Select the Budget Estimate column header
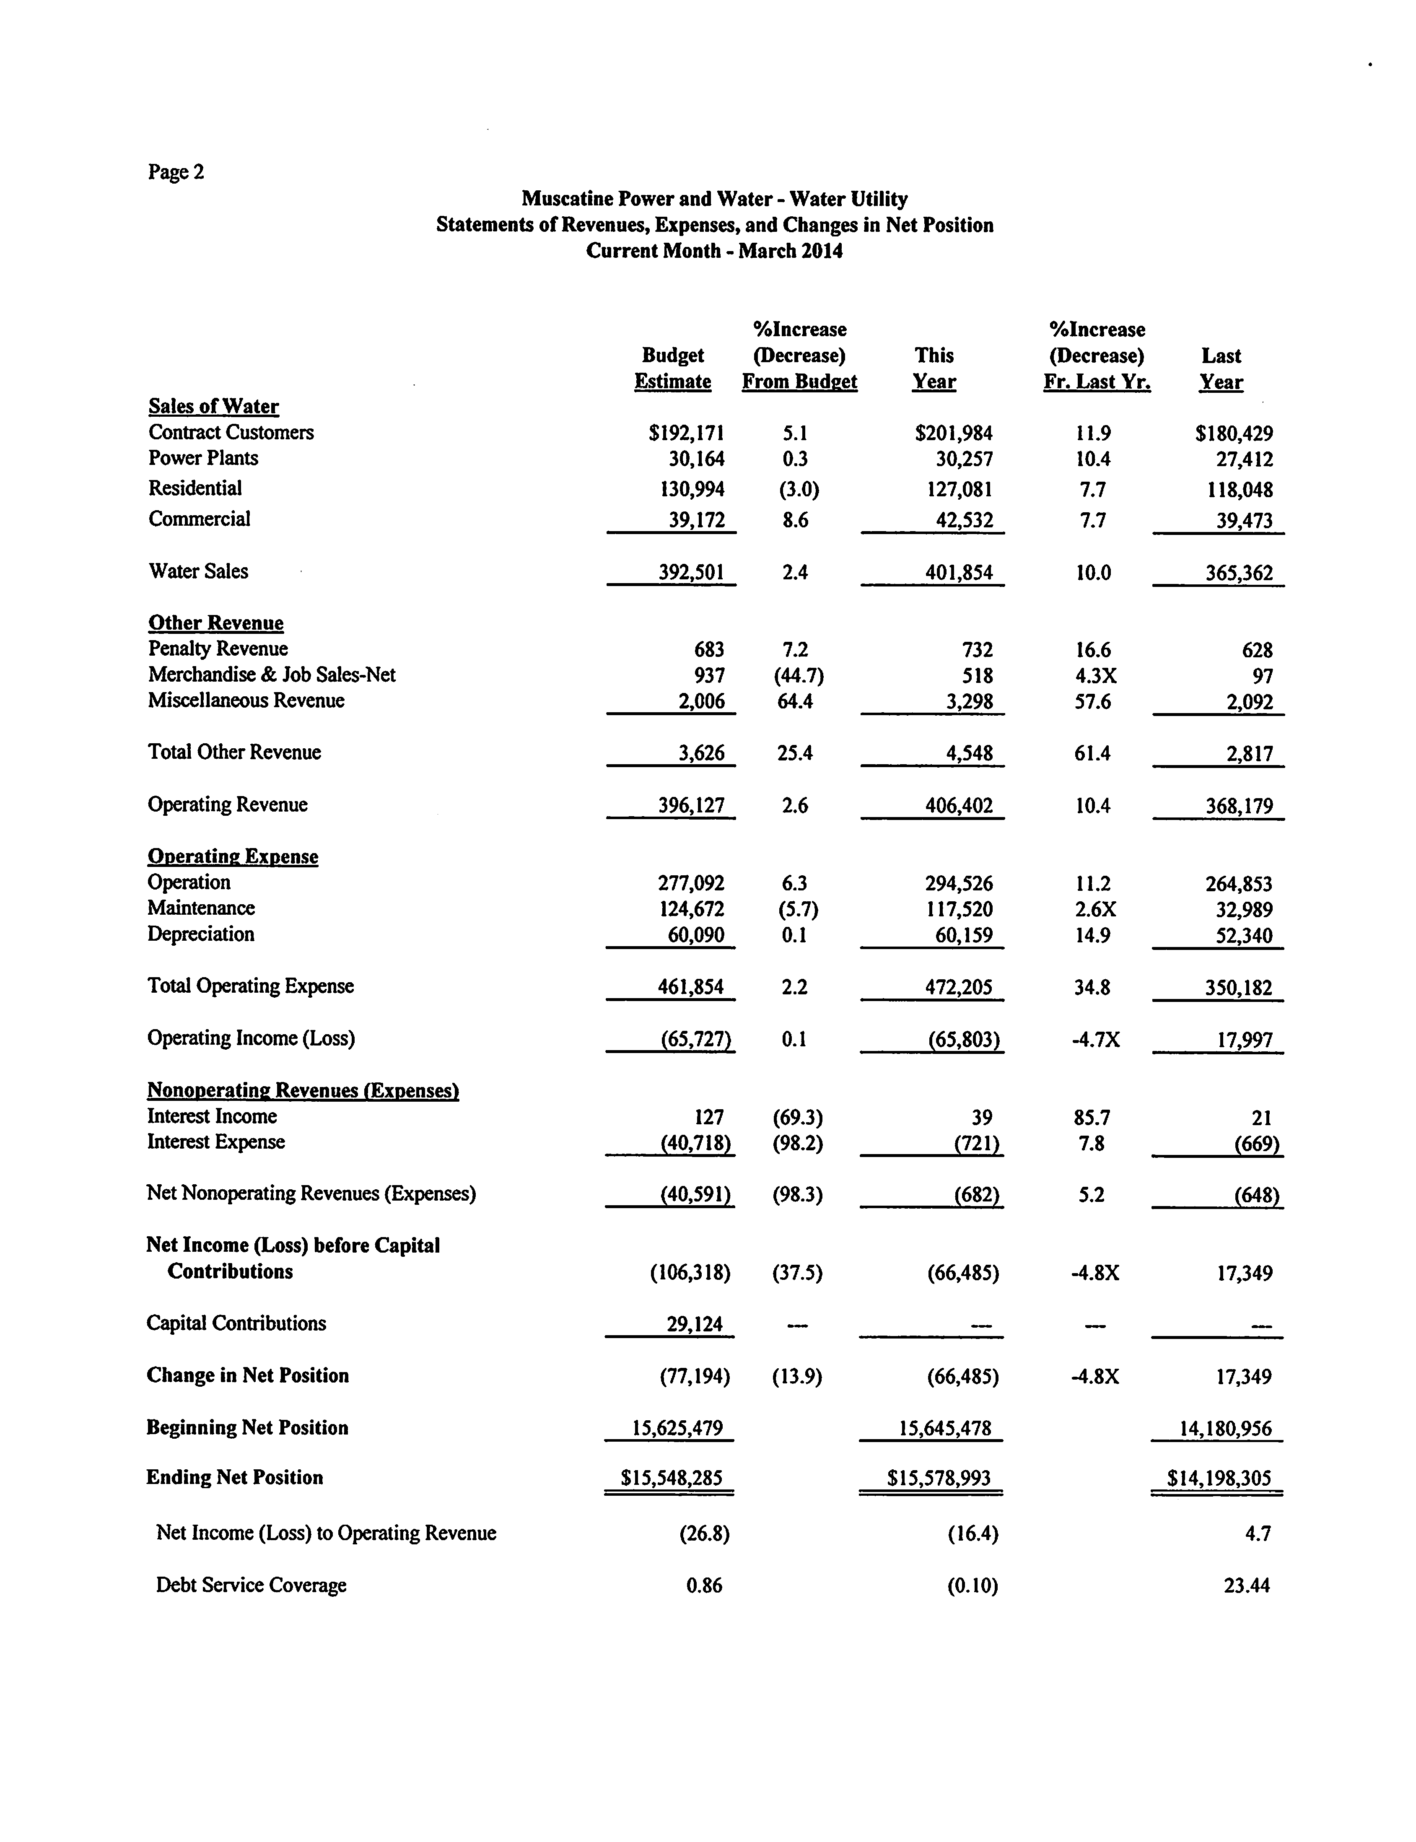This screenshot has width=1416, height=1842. point(673,368)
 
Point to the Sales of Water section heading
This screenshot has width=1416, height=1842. point(213,406)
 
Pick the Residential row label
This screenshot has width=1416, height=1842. point(195,488)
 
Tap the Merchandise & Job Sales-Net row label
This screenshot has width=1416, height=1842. point(271,675)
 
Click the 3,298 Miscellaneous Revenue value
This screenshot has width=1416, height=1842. point(969,701)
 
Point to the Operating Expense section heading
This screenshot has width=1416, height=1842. point(233,856)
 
